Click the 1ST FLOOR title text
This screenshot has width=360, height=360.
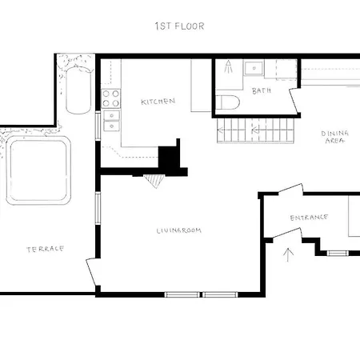coord(179,26)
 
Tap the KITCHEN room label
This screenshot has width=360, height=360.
coord(158,102)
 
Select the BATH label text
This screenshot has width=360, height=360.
coord(262,91)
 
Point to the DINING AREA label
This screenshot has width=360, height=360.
coord(333,137)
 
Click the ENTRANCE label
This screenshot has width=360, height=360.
coord(309,217)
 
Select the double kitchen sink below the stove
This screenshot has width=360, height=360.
coord(110,121)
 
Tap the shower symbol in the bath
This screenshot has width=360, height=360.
coord(229,67)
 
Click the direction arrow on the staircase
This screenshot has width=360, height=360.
coord(256,128)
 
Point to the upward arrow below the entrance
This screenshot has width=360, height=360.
coord(290,254)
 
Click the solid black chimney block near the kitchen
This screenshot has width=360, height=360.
coord(170,158)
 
